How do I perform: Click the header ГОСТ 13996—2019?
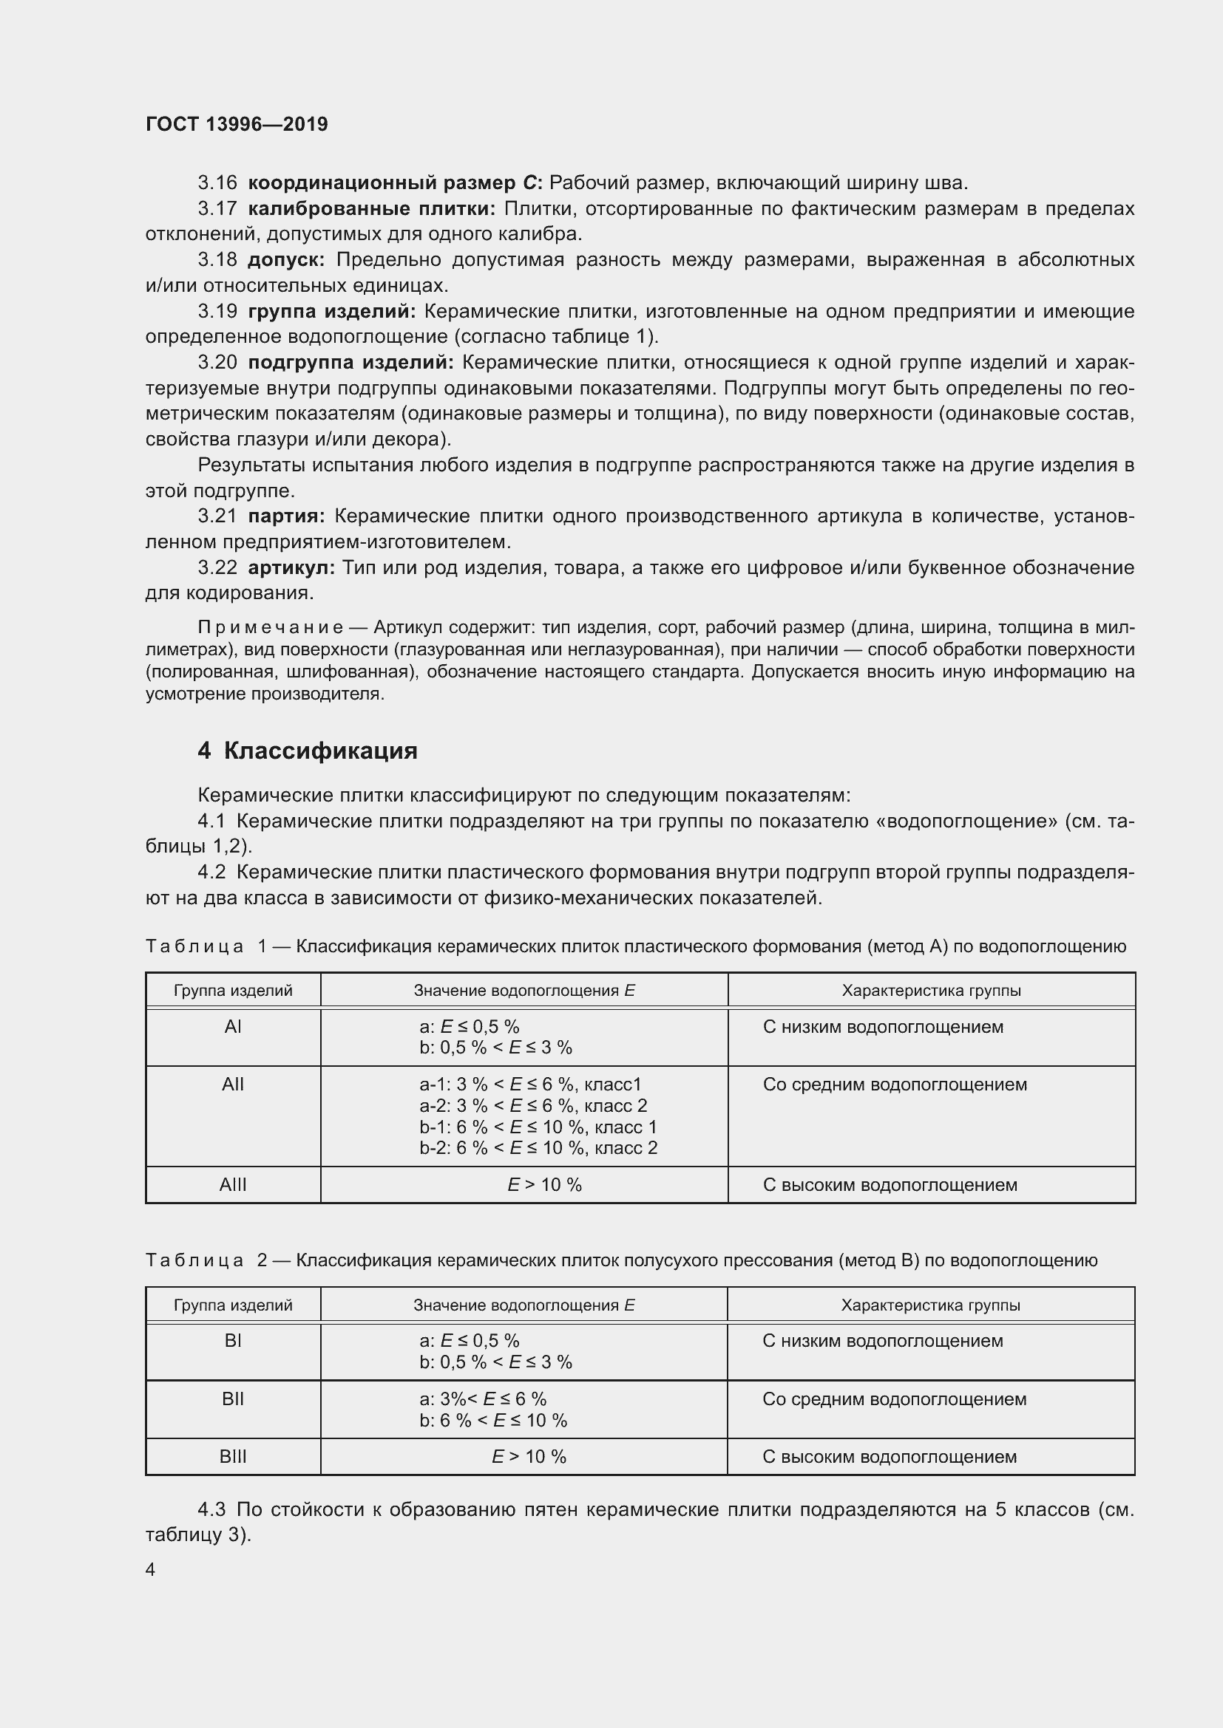click(x=237, y=124)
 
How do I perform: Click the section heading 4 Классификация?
click(x=308, y=751)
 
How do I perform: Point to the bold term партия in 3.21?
click(x=286, y=516)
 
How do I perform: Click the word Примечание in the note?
click(x=271, y=628)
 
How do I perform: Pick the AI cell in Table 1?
click(x=233, y=1027)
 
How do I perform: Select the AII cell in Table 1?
click(x=233, y=1085)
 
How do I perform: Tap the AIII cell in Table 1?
click(x=233, y=1184)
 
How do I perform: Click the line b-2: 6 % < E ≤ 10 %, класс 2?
click(x=538, y=1148)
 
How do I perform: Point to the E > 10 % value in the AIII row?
click(x=543, y=1184)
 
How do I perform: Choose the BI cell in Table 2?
click(x=233, y=1340)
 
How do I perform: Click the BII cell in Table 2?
click(x=233, y=1399)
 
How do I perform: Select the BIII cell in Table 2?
click(x=233, y=1456)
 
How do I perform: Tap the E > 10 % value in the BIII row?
click(x=529, y=1456)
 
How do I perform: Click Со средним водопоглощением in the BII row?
click(x=894, y=1399)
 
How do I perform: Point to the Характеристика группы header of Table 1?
click(x=931, y=991)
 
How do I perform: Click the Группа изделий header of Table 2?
click(x=233, y=1305)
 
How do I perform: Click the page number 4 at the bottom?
click(x=151, y=1569)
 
